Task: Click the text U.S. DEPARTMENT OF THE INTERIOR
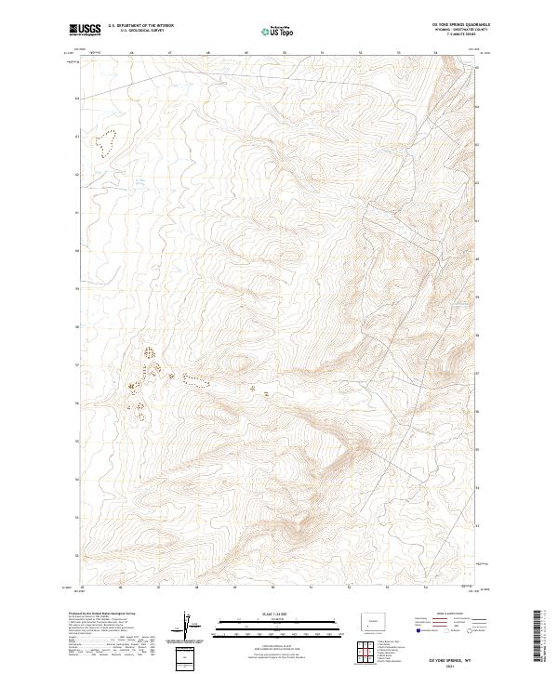pos(140,25)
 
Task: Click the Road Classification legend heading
pos(453,615)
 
